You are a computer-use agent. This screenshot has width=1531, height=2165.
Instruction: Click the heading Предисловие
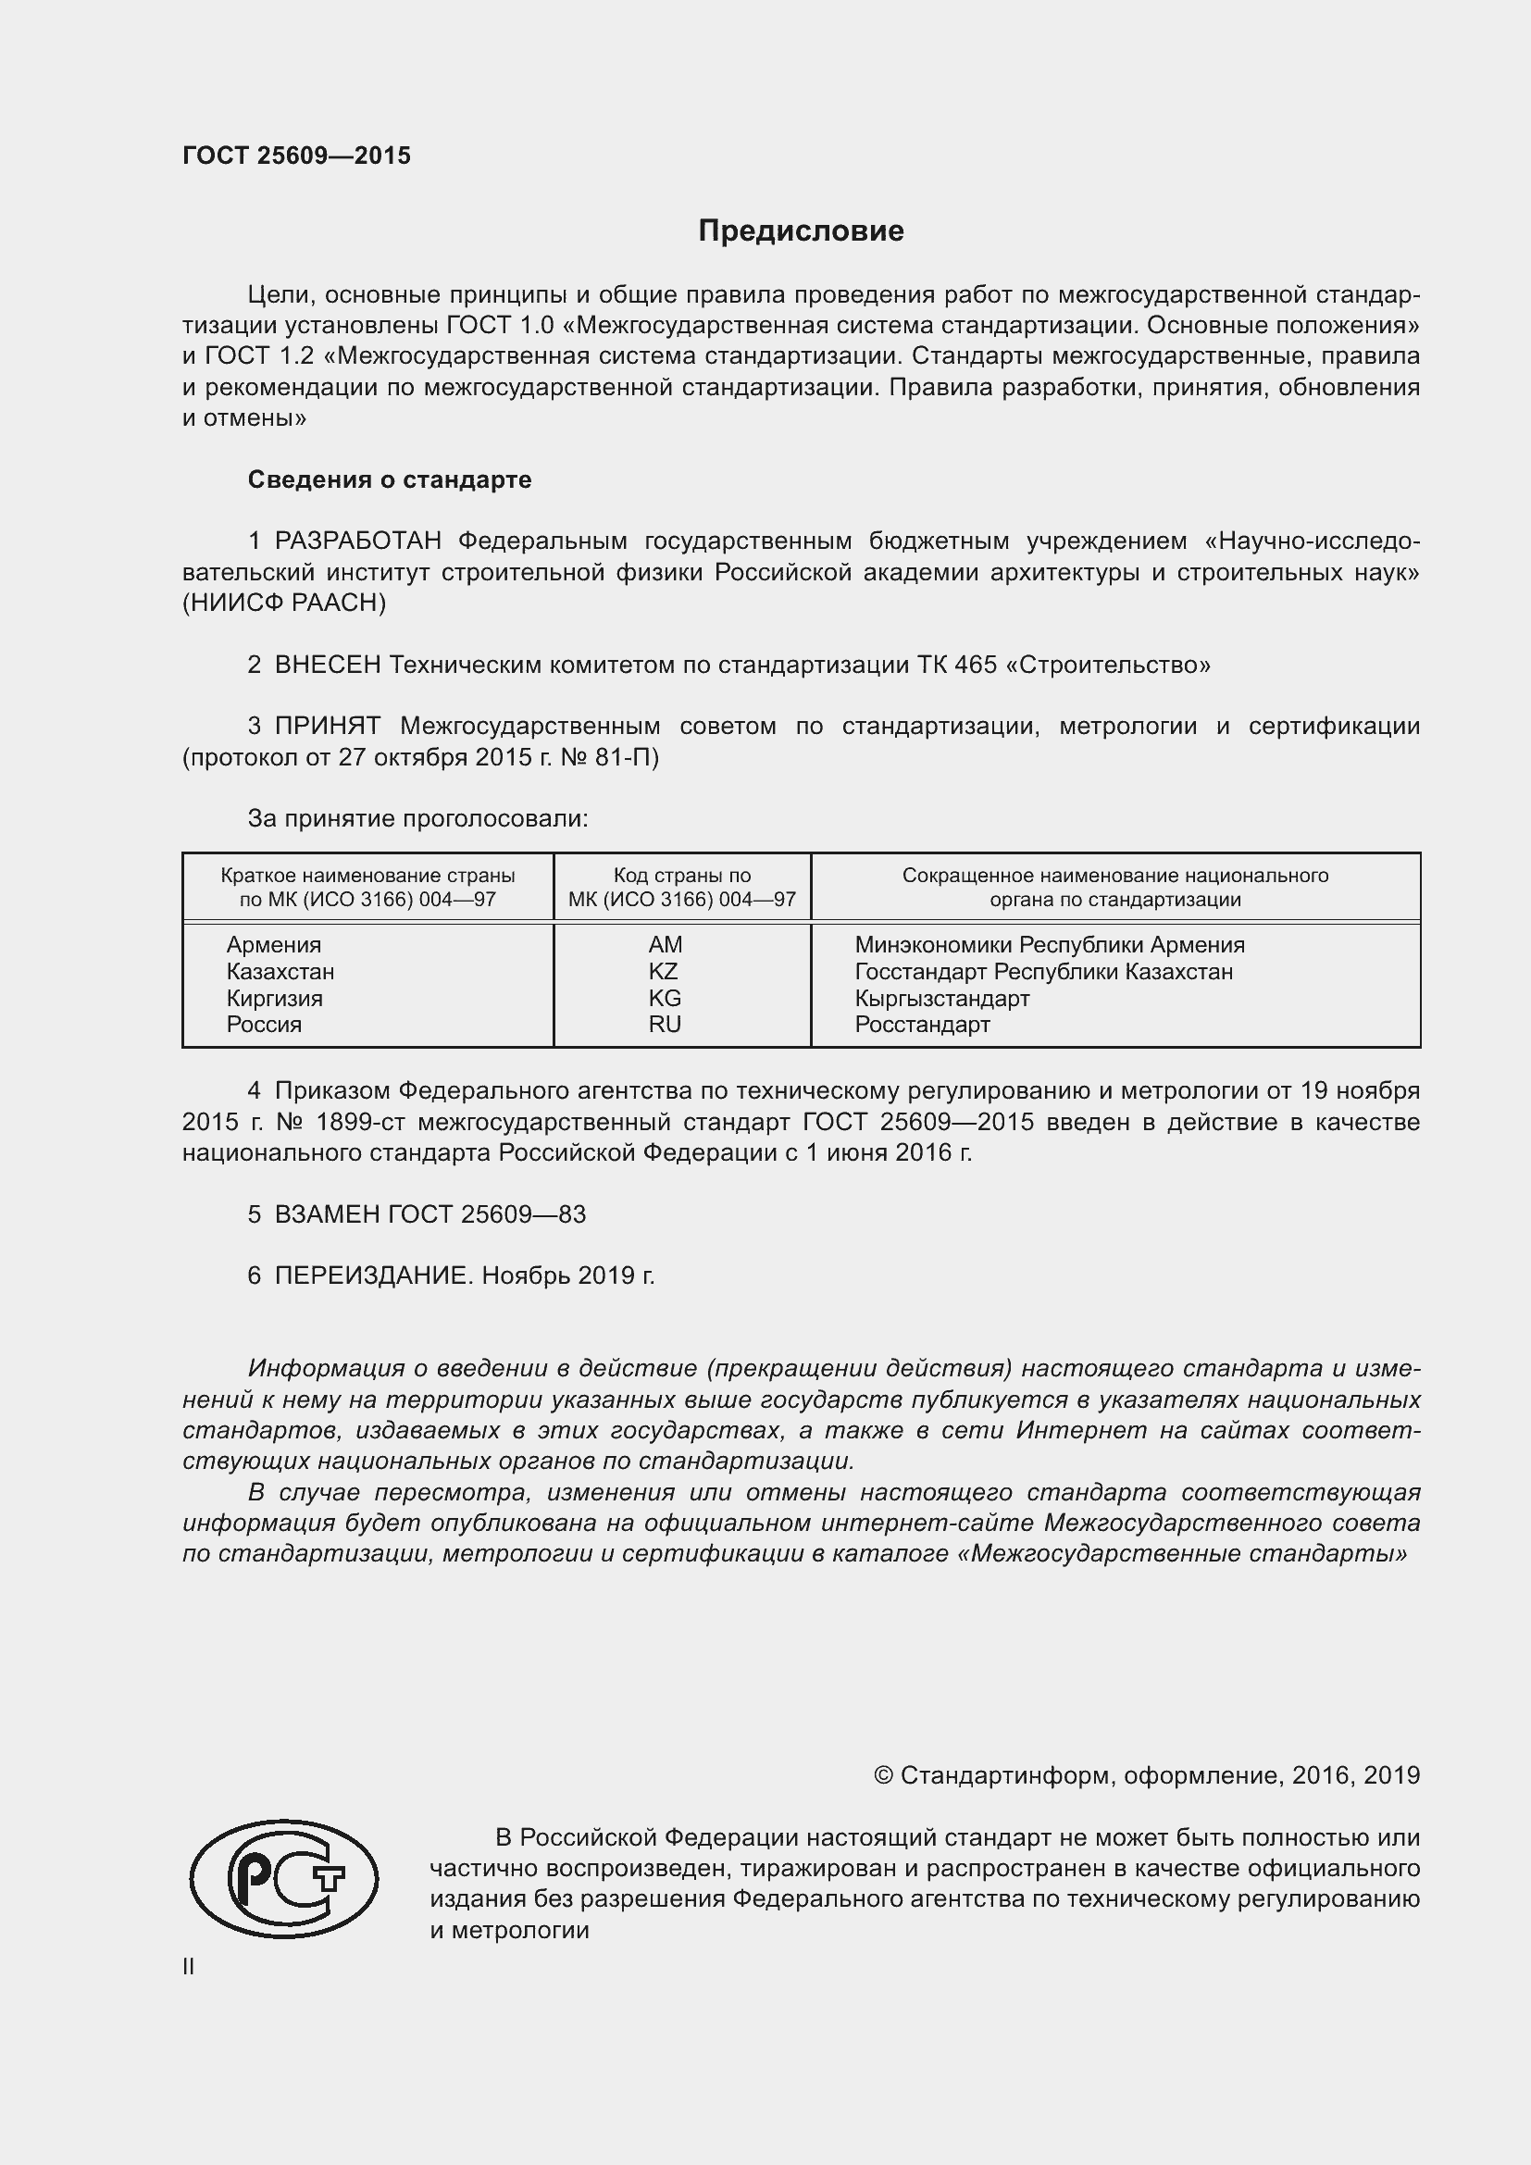coord(801,231)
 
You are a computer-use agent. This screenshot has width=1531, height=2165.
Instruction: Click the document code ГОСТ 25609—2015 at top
coord(296,156)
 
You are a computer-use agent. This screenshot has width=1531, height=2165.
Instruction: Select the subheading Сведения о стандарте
coord(390,480)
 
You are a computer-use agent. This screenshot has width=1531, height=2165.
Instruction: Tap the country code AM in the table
coord(665,945)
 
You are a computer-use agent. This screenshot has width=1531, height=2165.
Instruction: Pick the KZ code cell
coord(664,971)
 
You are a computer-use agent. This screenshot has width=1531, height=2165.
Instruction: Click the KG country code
coord(665,998)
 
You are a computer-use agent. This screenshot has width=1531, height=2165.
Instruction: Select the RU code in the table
coord(665,1024)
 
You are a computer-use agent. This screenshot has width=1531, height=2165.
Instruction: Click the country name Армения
coord(273,945)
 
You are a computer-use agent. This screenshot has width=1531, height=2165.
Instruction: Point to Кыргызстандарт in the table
coord(941,998)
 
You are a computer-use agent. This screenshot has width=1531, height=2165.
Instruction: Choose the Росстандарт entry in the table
coord(922,1024)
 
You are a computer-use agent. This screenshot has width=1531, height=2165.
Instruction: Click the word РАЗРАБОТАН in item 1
coord(358,541)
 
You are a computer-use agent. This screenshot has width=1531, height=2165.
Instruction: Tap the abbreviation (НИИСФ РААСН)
coord(284,603)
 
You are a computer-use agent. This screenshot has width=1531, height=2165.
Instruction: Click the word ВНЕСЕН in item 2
coord(327,665)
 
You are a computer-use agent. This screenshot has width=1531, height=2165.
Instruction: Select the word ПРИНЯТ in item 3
coord(327,726)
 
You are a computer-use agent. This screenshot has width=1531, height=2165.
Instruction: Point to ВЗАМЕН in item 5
coord(327,1214)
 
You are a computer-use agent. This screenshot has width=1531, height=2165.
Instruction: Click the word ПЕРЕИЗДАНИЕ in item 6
coord(370,1275)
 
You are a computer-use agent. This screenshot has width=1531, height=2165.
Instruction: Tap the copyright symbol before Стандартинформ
coord(883,1775)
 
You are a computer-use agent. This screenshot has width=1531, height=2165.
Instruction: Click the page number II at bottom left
coord(189,1967)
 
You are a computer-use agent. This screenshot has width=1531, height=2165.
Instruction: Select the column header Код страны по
coord(681,876)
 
